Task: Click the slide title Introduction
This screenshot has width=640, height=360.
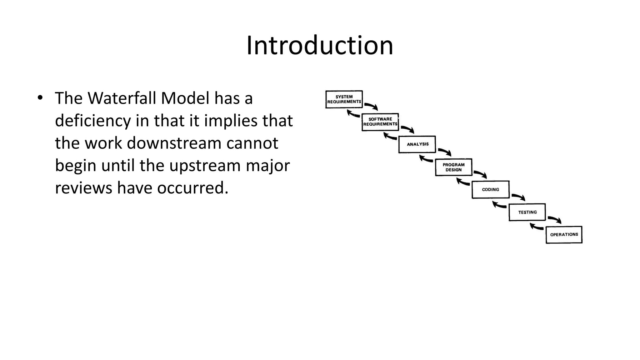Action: click(x=320, y=46)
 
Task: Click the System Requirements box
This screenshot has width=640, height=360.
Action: click(x=344, y=99)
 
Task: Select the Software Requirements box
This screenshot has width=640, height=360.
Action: click(x=380, y=122)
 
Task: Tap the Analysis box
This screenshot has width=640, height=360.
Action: click(x=417, y=144)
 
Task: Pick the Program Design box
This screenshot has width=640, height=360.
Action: click(x=453, y=167)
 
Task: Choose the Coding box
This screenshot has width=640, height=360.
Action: click(x=490, y=189)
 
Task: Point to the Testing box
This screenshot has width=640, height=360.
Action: click(x=527, y=212)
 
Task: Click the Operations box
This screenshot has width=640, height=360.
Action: click(x=564, y=235)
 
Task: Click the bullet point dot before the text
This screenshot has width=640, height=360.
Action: click(x=40, y=97)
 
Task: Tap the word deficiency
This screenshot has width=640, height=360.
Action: click(x=92, y=121)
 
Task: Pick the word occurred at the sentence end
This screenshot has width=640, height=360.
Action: click(x=192, y=188)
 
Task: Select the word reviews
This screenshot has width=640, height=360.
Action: click(x=83, y=188)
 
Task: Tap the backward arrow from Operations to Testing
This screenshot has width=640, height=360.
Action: click(x=537, y=227)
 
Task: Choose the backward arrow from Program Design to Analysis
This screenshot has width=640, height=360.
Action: click(x=426, y=159)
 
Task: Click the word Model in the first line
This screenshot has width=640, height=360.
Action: click(x=185, y=98)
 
